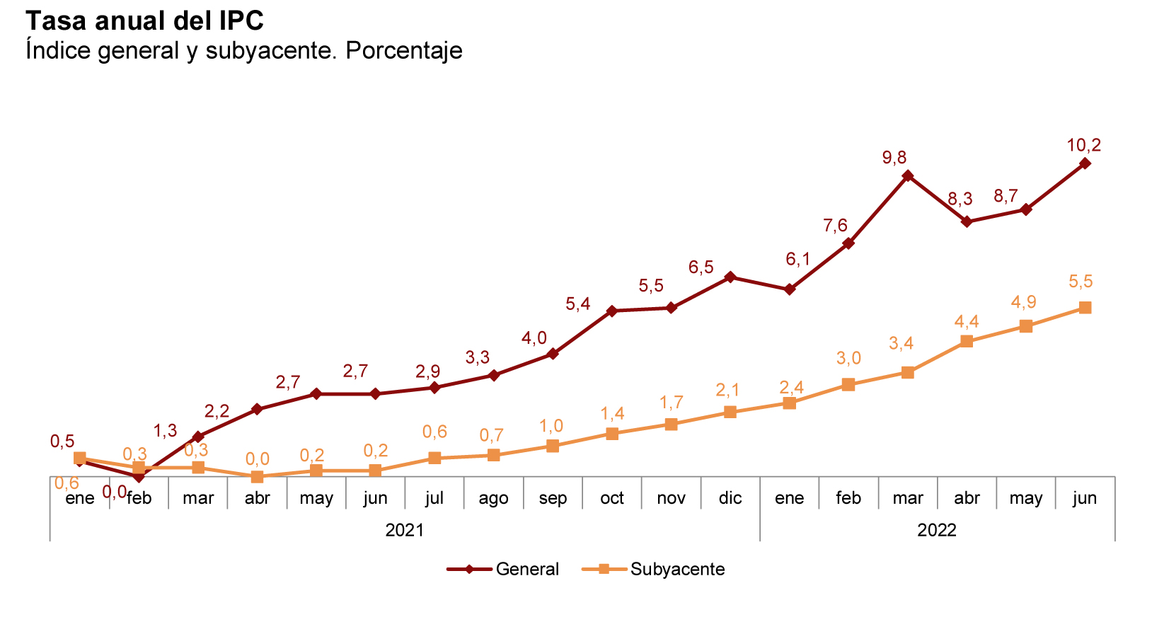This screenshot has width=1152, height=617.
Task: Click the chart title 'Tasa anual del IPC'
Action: (144, 21)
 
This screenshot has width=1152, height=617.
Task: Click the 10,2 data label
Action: (1083, 146)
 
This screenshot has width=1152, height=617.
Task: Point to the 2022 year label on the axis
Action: (937, 530)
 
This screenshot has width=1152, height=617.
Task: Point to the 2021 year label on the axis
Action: (404, 530)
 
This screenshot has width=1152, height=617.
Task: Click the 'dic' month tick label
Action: (730, 498)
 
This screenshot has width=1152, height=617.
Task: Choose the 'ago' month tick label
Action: (493, 498)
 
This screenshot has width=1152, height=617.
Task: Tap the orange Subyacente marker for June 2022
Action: (1085, 308)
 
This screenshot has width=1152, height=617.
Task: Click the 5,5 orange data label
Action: (1081, 282)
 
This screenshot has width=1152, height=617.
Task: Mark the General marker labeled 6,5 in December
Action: (730, 277)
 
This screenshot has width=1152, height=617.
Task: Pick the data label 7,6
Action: (835, 226)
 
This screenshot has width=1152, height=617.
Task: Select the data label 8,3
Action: (960, 200)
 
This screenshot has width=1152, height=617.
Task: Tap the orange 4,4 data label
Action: (967, 322)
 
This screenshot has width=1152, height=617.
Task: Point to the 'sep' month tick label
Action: (553, 498)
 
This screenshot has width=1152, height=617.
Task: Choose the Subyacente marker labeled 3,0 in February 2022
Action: (848, 385)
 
